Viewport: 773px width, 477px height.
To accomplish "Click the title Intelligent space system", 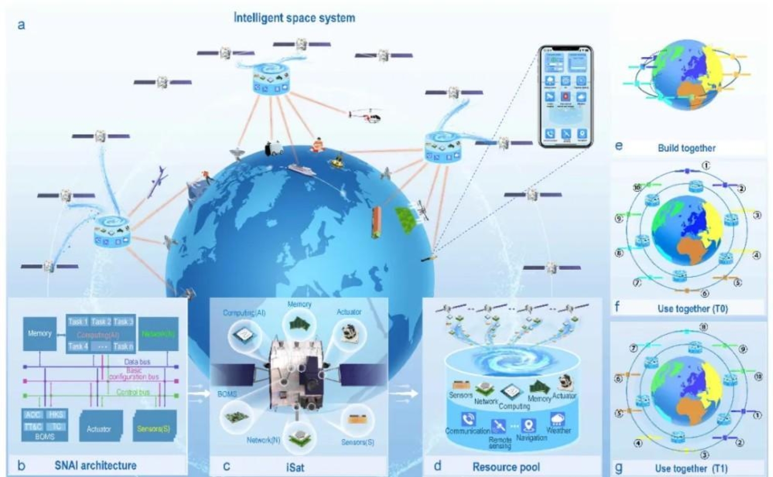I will [294, 18].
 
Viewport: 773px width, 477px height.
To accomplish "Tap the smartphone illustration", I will [566, 96].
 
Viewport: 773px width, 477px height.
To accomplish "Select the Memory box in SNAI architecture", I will [40, 334].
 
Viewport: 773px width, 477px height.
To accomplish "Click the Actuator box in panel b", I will [99, 427].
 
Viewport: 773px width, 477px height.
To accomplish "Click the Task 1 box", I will [78, 322].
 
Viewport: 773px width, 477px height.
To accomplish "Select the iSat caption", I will [295, 467].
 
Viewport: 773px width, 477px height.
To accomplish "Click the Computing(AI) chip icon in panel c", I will [244, 335].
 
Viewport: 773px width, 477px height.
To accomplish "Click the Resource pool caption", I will [506, 467].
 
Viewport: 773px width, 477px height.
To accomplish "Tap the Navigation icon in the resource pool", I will [529, 425].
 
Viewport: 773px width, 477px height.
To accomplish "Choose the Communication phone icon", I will [468, 420].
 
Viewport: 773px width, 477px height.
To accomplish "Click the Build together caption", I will [686, 148].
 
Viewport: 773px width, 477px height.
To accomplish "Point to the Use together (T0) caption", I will [692, 309].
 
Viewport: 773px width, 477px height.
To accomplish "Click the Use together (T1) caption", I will [691, 468].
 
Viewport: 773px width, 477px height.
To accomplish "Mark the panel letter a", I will [21, 25].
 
